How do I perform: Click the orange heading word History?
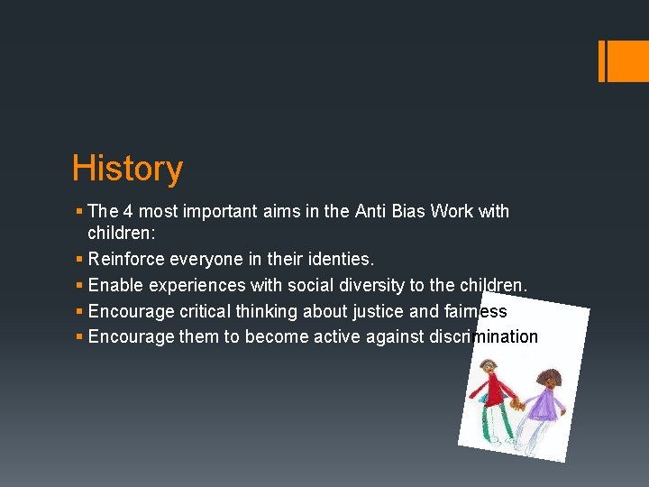pos(127,169)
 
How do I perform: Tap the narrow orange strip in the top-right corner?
pos(601,60)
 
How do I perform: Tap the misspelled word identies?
pos(340,260)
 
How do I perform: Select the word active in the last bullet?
pos(330,336)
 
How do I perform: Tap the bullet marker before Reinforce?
pos(79,260)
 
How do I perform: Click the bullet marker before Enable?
pos(79,285)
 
